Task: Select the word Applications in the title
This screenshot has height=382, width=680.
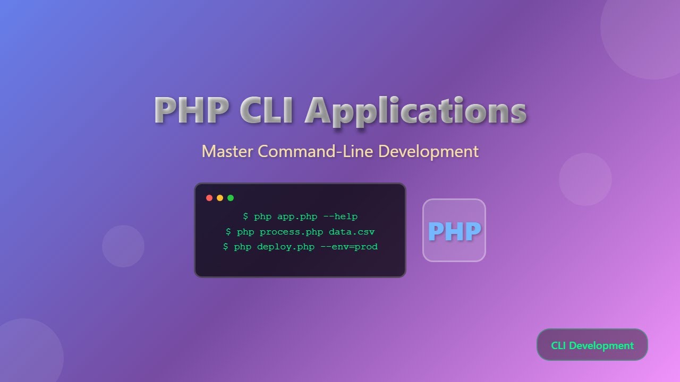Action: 416,111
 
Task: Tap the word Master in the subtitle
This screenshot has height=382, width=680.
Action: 227,151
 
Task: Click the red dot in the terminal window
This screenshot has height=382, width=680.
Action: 209,198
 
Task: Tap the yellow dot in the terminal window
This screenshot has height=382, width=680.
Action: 220,198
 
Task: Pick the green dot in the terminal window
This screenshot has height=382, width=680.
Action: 231,198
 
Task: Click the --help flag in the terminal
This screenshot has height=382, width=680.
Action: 340,216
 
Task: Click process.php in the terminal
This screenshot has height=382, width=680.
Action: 291,232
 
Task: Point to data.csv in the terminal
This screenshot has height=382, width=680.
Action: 352,232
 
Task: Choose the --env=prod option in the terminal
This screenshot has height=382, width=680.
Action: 349,247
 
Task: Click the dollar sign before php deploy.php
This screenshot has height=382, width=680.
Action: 226,247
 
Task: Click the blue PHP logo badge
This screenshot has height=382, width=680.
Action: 454,230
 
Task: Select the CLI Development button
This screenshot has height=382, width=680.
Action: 592,345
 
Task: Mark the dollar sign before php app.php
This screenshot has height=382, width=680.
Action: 245,216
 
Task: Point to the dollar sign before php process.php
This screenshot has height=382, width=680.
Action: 228,232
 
